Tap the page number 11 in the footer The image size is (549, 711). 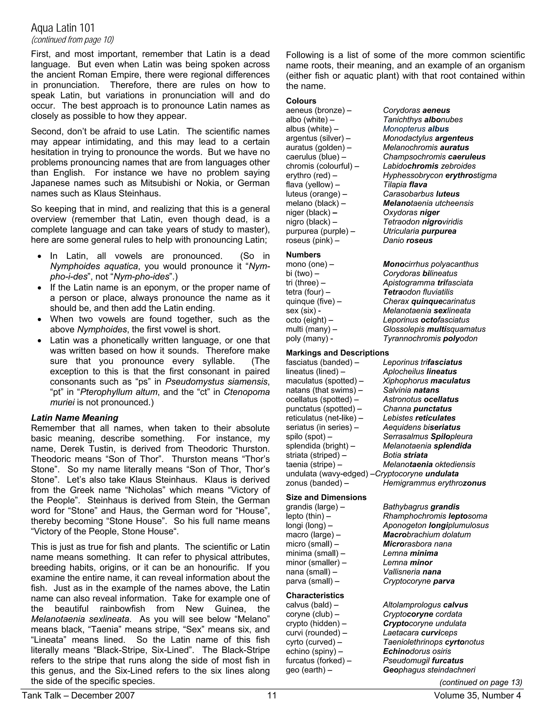(x=272, y=695)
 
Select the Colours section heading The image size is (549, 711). (x=301, y=101)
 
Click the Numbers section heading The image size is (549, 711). (x=303, y=255)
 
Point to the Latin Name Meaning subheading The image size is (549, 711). (x=75, y=418)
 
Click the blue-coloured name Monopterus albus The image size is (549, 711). (x=416, y=129)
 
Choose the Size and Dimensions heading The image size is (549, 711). (x=326, y=497)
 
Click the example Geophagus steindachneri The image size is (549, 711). (x=429, y=670)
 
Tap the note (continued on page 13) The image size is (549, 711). (x=480, y=682)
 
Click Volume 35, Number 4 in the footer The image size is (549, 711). (x=477, y=695)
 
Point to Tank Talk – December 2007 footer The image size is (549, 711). (x=78, y=695)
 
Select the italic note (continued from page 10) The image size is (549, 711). (x=72, y=40)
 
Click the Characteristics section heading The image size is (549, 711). (x=314, y=595)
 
